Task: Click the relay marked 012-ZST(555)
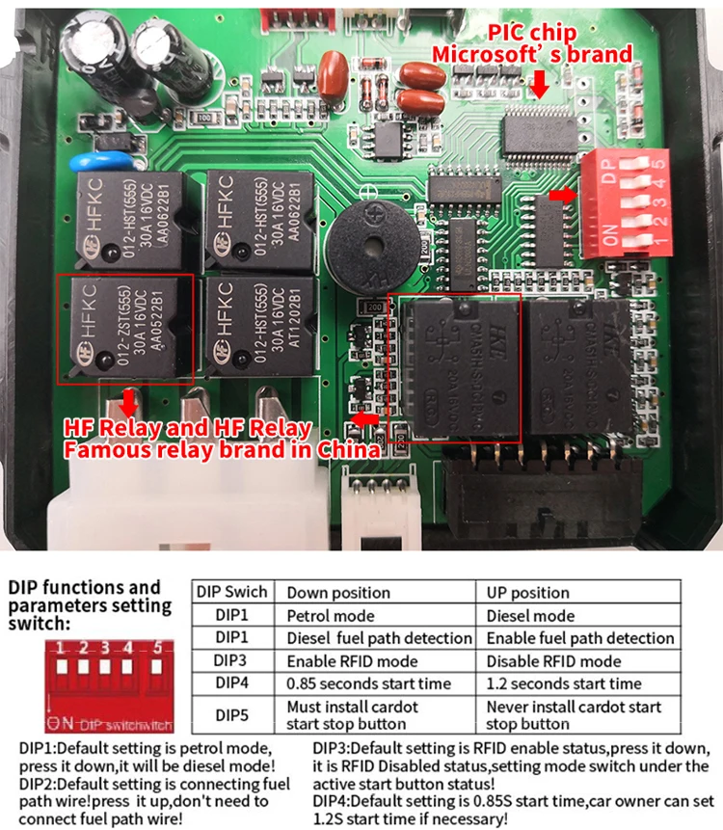click(x=125, y=328)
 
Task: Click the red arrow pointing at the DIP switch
click(x=559, y=195)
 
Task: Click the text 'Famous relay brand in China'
click(x=222, y=450)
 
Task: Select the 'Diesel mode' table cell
click(x=530, y=615)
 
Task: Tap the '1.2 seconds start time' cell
click(x=564, y=683)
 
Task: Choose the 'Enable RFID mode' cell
click(x=352, y=661)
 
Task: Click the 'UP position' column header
click(x=528, y=592)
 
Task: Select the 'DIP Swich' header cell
click(x=231, y=592)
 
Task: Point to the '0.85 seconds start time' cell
click(x=368, y=683)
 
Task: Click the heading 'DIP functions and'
click(x=85, y=587)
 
